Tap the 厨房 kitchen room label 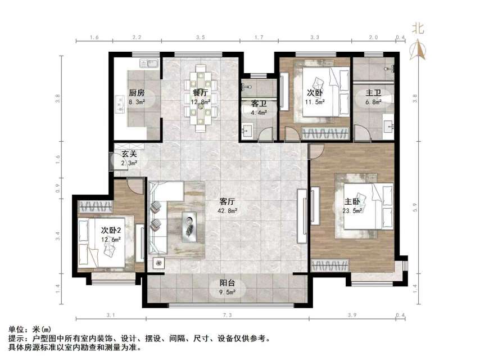click(137, 93)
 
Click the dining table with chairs click(201, 99)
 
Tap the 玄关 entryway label click(123, 154)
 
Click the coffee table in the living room click(189, 226)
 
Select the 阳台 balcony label click(227, 283)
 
